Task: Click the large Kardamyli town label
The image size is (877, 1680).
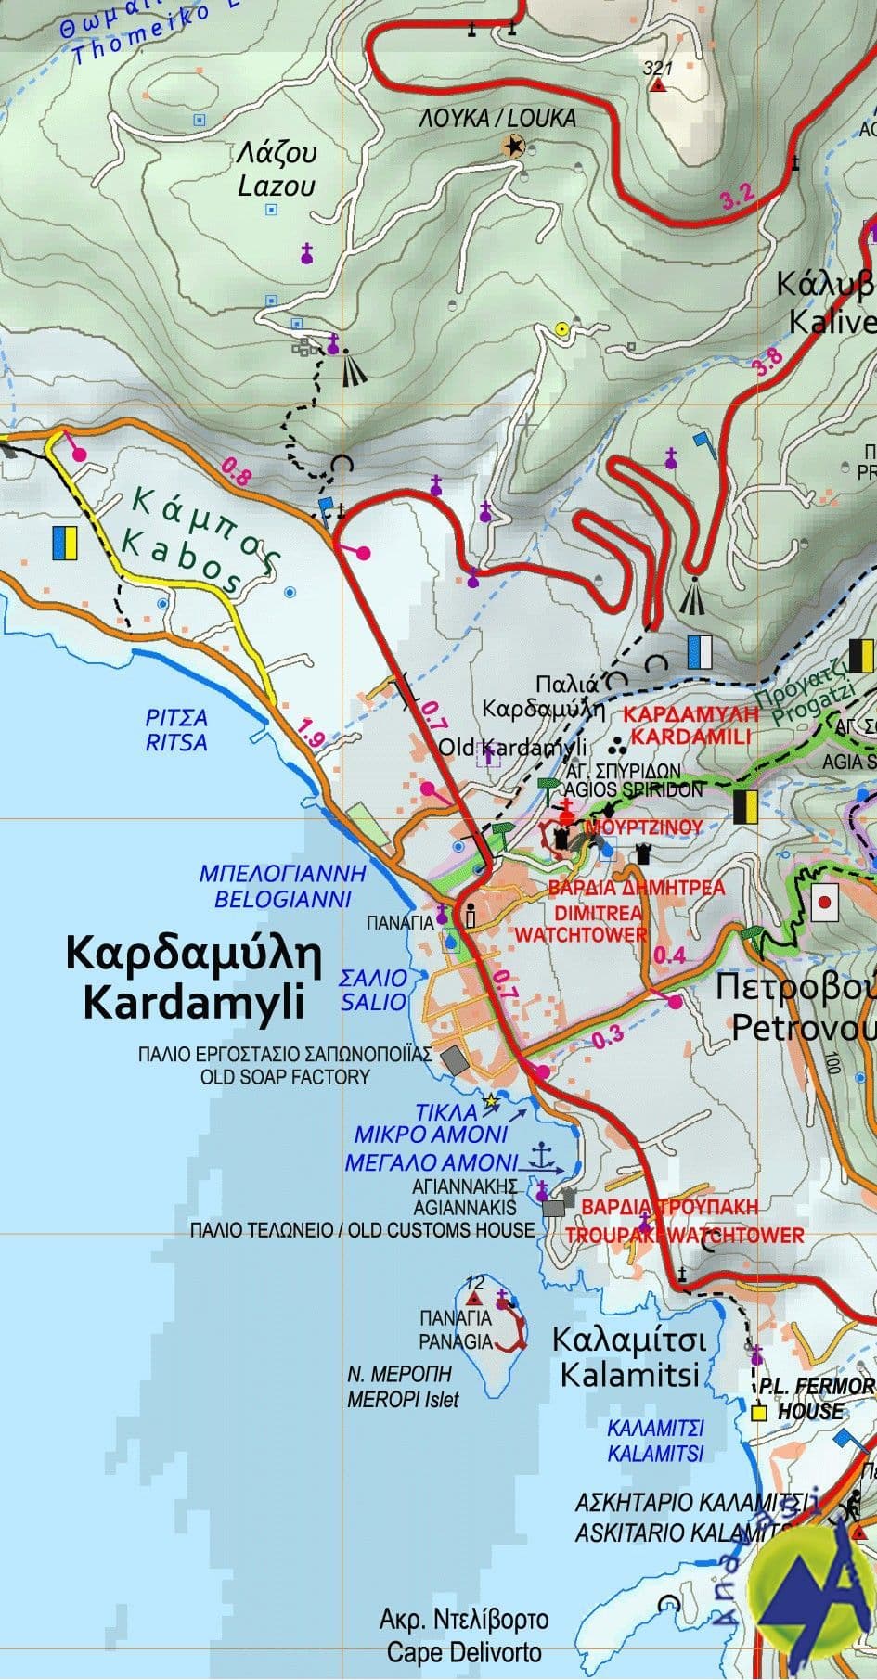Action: (x=192, y=978)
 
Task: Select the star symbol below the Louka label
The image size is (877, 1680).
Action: (x=513, y=146)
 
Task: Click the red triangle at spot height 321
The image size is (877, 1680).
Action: (x=658, y=86)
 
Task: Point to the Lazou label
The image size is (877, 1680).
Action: (x=277, y=170)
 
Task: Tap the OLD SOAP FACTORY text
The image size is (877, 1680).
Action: (x=285, y=1077)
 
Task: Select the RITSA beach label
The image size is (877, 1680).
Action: (x=176, y=731)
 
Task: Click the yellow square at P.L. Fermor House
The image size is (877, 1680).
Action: (x=759, y=1413)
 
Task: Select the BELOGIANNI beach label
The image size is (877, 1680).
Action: (x=282, y=886)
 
